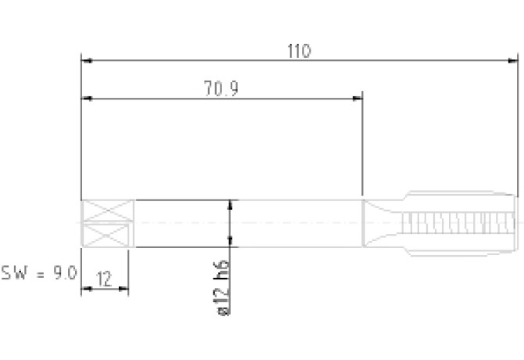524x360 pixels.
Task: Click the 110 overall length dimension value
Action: tap(299, 51)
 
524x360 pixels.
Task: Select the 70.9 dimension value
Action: tap(221, 89)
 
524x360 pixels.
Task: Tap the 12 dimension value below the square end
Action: tap(104, 279)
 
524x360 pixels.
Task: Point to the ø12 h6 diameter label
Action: tap(223, 288)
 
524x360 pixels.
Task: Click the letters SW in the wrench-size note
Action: tap(14, 273)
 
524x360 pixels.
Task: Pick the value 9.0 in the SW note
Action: tap(66, 273)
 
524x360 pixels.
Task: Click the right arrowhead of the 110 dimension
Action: tap(513, 60)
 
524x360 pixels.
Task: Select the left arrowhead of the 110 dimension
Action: tap(87, 60)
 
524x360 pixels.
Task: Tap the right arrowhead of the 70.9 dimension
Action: tap(357, 99)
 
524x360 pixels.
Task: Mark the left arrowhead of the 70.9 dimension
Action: tap(87, 99)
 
